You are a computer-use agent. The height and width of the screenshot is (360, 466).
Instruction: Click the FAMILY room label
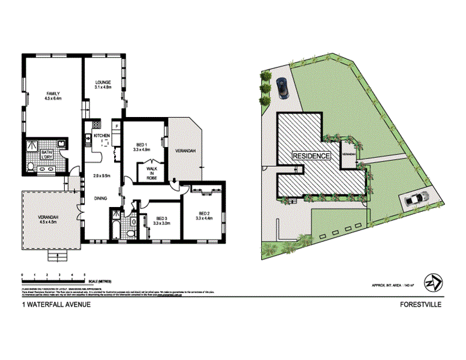(x=53, y=93)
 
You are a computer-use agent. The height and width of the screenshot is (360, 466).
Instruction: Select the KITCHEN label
(x=101, y=136)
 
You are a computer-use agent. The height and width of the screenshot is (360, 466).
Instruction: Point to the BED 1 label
(x=142, y=145)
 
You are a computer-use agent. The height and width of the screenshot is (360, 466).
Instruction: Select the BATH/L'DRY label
(x=46, y=154)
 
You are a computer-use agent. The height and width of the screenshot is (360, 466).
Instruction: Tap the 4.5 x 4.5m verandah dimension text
(x=47, y=222)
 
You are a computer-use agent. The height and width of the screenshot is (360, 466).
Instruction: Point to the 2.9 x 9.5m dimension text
(x=103, y=176)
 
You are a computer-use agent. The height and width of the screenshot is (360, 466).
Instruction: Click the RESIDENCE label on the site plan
(x=311, y=156)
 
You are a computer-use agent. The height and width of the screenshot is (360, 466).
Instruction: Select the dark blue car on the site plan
(x=282, y=88)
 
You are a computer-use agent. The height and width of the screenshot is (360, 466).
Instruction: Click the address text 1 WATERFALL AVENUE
(x=57, y=304)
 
